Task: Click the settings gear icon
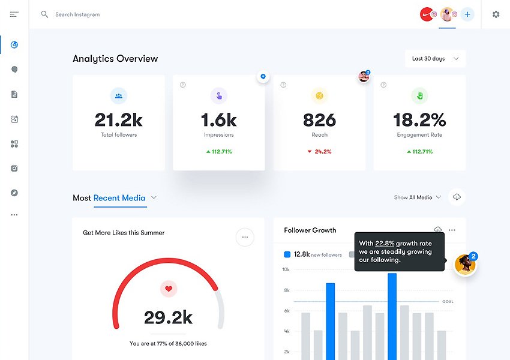[496, 14]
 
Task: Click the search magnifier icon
[44, 14]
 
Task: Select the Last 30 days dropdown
[435, 59]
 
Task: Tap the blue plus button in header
[467, 14]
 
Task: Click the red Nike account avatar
[427, 14]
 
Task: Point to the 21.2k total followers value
[119, 120]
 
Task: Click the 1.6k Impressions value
[218, 120]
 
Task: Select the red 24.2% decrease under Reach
[319, 152]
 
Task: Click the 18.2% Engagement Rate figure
[419, 120]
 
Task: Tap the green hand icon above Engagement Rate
[419, 95]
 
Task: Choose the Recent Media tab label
[119, 198]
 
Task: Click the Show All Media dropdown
[418, 197]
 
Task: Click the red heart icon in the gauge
[169, 289]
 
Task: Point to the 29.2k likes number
[169, 317]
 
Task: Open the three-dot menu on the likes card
[245, 237]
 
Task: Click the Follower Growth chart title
[310, 230]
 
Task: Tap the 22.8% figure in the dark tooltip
[385, 244]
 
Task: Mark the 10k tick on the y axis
[286, 269]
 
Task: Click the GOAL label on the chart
[448, 301]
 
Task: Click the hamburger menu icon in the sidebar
[14, 14]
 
